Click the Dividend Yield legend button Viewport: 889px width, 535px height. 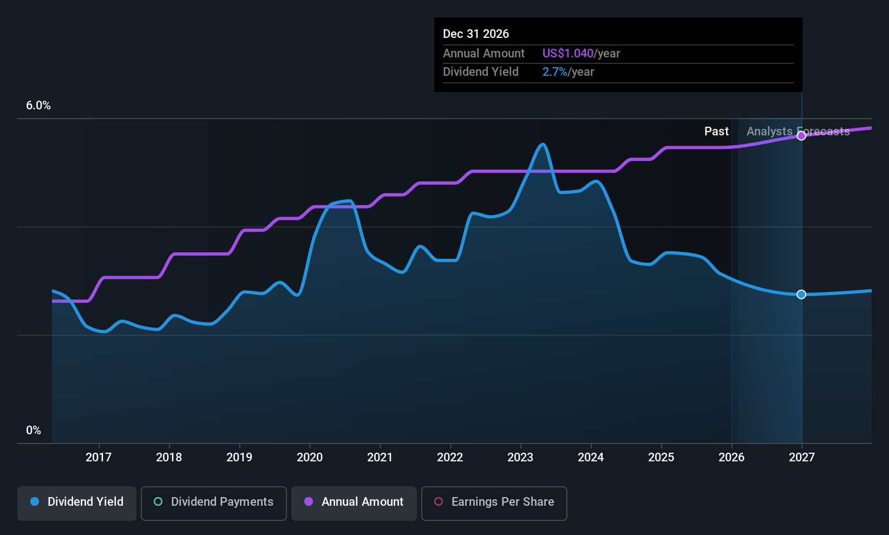click(x=76, y=503)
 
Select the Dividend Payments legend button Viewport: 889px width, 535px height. click(x=213, y=503)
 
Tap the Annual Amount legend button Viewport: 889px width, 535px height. click(x=354, y=503)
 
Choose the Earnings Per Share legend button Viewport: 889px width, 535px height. click(x=494, y=503)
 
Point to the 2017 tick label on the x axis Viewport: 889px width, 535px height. click(x=99, y=457)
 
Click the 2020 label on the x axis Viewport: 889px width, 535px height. click(x=310, y=457)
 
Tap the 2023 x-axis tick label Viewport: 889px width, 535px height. click(x=521, y=457)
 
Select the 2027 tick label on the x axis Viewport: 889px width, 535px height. click(x=802, y=457)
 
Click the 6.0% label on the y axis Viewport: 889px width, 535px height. click(x=38, y=106)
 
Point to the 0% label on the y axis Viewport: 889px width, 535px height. click(x=34, y=430)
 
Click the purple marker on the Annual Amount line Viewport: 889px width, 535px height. click(x=801, y=136)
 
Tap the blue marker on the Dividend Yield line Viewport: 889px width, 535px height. click(x=801, y=295)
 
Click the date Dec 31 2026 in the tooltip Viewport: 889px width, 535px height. click(x=476, y=34)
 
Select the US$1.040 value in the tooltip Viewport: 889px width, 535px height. click(x=568, y=53)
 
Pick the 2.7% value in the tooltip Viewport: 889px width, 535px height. click(x=555, y=72)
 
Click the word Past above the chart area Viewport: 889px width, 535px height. click(x=716, y=132)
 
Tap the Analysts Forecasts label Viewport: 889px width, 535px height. click(x=798, y=132)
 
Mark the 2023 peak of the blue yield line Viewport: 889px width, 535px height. click(x=542, y=144)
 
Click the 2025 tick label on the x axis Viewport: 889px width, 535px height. click(x=662, y=457)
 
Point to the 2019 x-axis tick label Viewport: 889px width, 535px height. click(x=239, y=457)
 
